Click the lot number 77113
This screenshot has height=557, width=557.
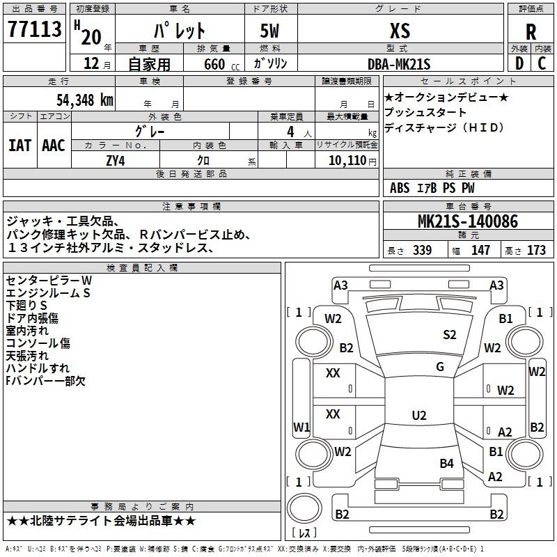[x=34, y=29]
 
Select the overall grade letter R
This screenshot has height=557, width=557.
[x=531, y=32]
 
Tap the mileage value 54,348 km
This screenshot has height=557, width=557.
[x=85, y=100]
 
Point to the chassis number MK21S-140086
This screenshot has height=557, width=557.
[x=468, y=221]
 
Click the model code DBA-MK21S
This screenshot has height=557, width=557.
[x=399, y=64]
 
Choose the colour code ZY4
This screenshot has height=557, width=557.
[x=116, y=161]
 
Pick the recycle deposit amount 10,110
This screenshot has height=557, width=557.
[x=347, y=161]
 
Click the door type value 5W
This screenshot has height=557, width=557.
[x=269, y=31]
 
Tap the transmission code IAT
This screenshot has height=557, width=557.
[x=20, y=146]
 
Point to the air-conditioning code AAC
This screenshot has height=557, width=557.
[x=54, y=146]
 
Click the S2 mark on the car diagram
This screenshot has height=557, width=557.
[x=449, y=335]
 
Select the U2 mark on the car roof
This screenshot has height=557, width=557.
[x=419, y=415]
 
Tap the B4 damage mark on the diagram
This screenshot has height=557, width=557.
[x=446, y=463]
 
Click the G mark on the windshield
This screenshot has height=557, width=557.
[x=440, y=367]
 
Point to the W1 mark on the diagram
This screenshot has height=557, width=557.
[x=301, y=427]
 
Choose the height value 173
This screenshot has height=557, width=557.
[x=536, y=250]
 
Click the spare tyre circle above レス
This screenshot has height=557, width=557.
[x=304, y=508]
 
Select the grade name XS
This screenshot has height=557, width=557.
[x=400, y=31]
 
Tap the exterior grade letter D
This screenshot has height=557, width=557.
[x=519, y=63]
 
